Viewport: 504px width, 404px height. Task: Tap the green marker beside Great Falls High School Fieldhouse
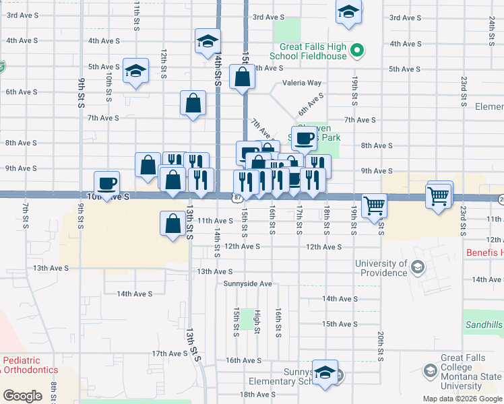tap(358, 50)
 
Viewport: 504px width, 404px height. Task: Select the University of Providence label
tap(381, 269)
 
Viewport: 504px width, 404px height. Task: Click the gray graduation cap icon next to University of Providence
tap(418, 269)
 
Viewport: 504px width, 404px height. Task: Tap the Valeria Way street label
tap(301, 83)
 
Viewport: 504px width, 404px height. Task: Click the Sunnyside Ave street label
tap(248, 284)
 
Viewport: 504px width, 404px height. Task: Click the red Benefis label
tap(484, 253)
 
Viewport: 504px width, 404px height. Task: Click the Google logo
tap(22, 396)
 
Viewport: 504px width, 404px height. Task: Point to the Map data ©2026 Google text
tap(462, 399)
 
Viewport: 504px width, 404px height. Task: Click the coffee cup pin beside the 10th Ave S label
tap(108, 182)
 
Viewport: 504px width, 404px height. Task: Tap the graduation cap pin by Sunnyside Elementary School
tap(325, 372)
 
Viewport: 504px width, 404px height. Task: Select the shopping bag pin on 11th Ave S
tap(173, 222)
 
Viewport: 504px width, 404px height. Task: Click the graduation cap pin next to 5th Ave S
tap(135, 70)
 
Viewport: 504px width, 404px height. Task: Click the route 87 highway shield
tap(239, 197)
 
